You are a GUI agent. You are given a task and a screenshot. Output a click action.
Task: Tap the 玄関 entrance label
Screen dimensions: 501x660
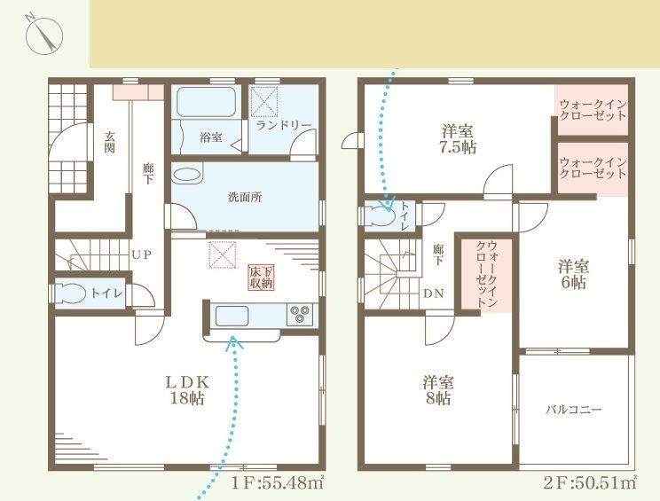pos(110,142)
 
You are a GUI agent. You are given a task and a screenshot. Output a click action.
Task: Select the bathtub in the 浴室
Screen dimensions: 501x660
pos(206,103)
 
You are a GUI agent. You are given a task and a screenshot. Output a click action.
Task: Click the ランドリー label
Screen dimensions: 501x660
pos(283,125)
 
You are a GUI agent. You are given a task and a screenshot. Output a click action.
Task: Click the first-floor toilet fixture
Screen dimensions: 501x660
pos(71,294)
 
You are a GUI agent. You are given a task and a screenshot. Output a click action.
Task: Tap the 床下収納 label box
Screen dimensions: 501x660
pos(260,277)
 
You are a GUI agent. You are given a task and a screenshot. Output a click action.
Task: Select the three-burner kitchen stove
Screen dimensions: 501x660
pos(301,315)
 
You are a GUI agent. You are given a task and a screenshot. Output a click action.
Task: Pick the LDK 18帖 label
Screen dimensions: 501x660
pos(187,390)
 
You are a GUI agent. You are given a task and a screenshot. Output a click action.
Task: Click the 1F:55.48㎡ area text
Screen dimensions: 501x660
pos(277,483)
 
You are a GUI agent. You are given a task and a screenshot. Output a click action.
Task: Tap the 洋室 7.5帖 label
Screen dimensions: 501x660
pos(460,140)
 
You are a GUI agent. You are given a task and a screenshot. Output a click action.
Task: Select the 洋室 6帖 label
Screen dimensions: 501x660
pos(572,274)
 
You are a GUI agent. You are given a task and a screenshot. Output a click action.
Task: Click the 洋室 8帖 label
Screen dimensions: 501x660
pos(438,390)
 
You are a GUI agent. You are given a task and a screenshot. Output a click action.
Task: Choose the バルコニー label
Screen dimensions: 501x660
pos(573,411)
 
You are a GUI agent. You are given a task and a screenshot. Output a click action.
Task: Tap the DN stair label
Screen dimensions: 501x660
pos(434,294)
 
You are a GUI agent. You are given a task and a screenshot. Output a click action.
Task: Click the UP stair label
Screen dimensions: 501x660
pos(141,254)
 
